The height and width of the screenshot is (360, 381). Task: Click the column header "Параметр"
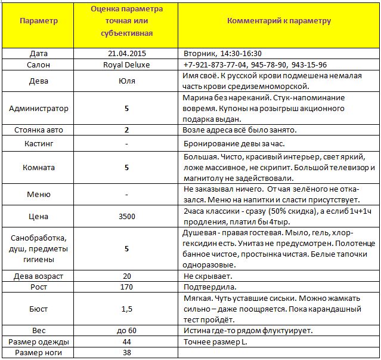click(39, 21)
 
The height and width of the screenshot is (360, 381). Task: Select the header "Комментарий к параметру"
click(278, 21)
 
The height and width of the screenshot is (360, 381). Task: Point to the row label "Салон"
click(39, 64)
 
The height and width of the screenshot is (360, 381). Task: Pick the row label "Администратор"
click(39, 108)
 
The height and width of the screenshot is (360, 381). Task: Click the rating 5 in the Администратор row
click(126, 108)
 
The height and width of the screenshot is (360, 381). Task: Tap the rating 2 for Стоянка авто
click(126, 130)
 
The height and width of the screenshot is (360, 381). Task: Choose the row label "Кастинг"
click(39, 144)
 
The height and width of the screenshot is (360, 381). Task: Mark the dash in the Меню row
click(126, 195)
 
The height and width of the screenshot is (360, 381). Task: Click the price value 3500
click(126, 216)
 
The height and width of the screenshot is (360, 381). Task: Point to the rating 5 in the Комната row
click(126, 168)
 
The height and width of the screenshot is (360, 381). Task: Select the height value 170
click(126, 287)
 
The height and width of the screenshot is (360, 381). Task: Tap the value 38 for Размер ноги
click(126, 352)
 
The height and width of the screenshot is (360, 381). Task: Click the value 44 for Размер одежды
click(126, 341)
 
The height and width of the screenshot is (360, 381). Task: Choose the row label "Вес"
click(39, 330)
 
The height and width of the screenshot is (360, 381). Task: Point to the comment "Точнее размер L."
click(214, 341)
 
